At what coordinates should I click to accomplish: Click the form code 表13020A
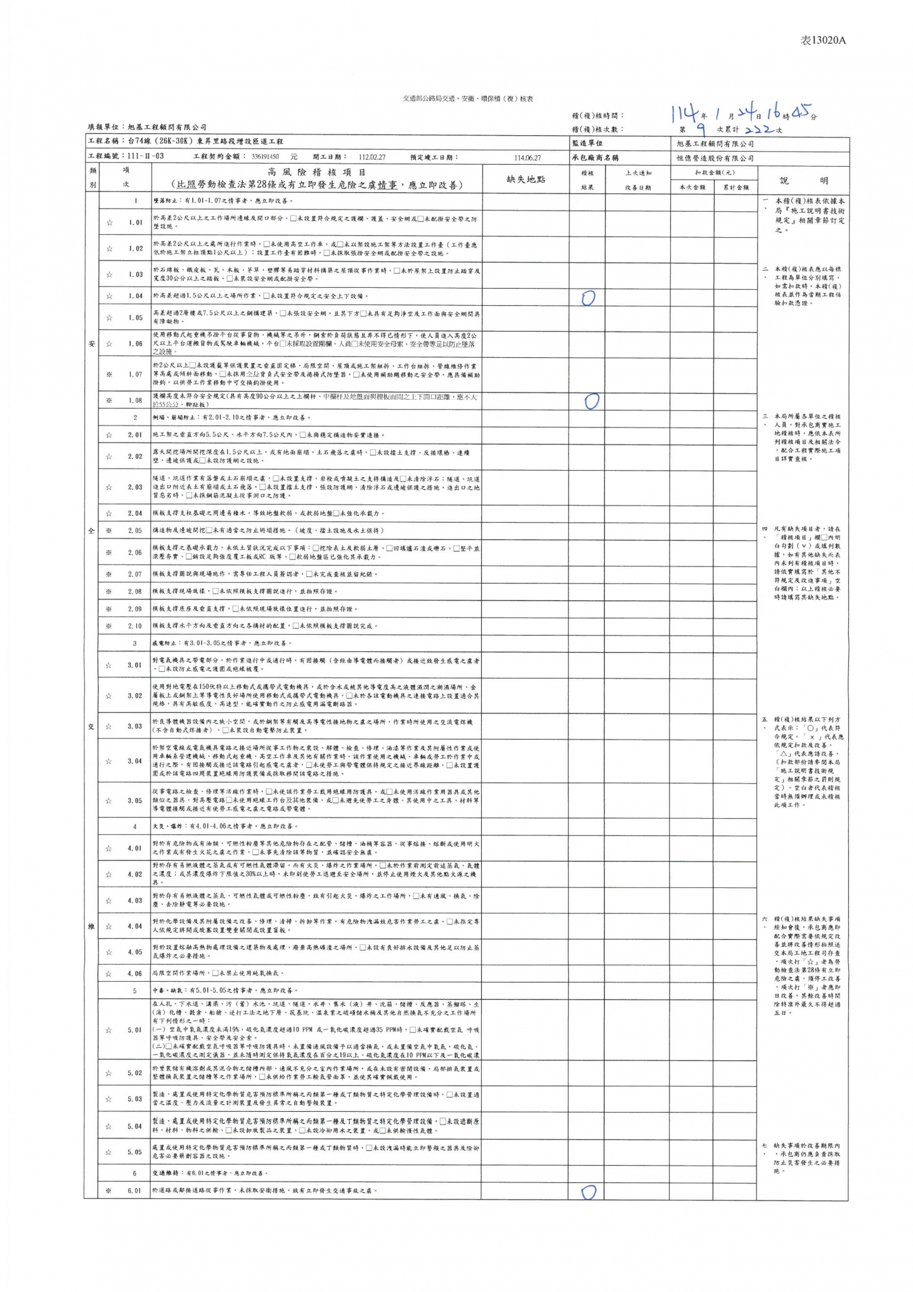pos(823,41)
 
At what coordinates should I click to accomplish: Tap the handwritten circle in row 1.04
pos(588,297)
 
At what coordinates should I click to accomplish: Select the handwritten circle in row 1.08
pos(591,401)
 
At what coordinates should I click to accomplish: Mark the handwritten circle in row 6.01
pos(588,1192)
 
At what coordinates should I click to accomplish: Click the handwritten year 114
pos(685,114)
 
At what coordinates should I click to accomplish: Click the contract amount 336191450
pos(268,157)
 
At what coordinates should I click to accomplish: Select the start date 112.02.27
pos(372,157)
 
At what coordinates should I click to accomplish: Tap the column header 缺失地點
pos(525,179)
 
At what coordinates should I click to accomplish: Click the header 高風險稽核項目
pos(316,172)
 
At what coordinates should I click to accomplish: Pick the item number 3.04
pos(134,761)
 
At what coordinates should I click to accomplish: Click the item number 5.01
pos(134,1030)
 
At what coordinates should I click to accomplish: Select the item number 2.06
pos(134,552)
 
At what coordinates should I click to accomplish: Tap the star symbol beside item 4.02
pos(110,875)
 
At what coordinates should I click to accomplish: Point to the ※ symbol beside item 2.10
pos(110,626)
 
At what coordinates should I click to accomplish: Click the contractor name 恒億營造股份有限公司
pos(715,158)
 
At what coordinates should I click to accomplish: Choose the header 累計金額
pos(735,187)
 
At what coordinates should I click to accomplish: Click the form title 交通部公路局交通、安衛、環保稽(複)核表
pos(468,99)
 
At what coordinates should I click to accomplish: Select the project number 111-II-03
pos(145,157)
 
